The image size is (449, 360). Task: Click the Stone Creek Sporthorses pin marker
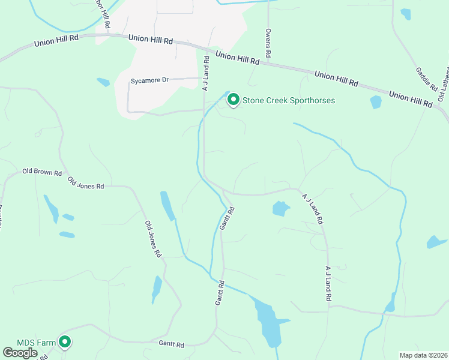(x=233, y=100)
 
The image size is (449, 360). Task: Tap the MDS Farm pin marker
(x=65, y=342)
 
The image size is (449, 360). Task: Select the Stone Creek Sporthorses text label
(x=288, y=100)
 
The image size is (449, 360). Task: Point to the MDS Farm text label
(x=36, y=343)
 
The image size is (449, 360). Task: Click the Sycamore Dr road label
(x=150, y=80)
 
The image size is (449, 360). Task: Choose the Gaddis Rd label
(x=426, y=79)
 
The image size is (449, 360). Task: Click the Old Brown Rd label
(x=42, y=173)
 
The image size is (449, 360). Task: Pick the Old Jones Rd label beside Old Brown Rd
(x=85, y=183)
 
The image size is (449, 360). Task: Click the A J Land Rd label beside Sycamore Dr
(x=205, y=73)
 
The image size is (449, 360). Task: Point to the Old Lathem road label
(x=443, y=87)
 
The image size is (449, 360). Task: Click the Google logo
(x=20, y=352)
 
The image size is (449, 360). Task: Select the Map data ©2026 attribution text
(x=423, y=355)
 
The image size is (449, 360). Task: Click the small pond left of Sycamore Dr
(x=103, y=82)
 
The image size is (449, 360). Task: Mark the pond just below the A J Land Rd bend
(x=280, y=208)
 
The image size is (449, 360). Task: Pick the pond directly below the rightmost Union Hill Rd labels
(x=376, y=102)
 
